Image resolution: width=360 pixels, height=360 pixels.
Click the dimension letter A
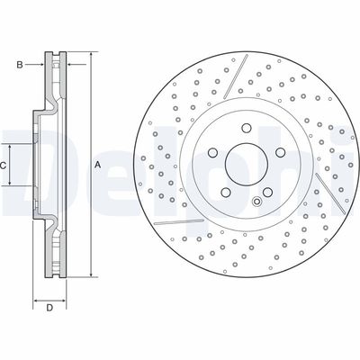click(x=96, y=165)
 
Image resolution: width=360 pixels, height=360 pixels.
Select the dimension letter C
click(x=4, y=166)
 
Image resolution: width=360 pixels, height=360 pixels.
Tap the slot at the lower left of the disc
click(x=181, y=219)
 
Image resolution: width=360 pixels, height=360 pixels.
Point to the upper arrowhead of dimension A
click(x=90, y=58)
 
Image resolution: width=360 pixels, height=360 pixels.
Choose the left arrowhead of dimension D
click(x=36, y=299)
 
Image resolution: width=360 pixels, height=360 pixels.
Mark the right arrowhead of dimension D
click(x=65, y=299)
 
